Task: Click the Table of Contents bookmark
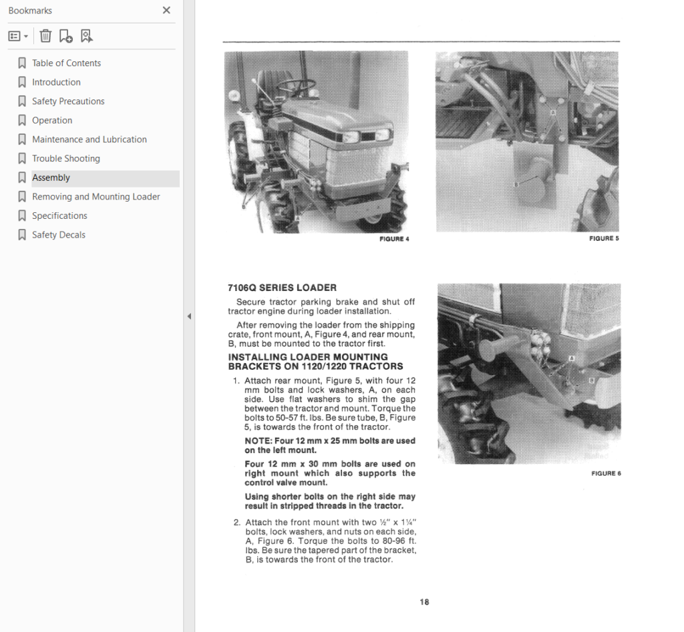point(66,63)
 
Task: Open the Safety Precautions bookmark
point(68,101)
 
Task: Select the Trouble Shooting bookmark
point(66,159)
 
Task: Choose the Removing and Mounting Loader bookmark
point(96,197)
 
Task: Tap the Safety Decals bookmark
point(59,235)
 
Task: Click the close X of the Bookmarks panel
point(166,10)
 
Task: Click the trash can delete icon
point(45,36)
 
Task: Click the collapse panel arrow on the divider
point(189,316)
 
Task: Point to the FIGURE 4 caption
point(394,239)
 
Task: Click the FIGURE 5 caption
point(604,238)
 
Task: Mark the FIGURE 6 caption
point(606,473)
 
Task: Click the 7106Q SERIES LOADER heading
point(283,288)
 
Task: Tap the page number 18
point(424,602)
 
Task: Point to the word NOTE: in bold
point(259,440)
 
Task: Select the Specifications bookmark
point(59,216)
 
